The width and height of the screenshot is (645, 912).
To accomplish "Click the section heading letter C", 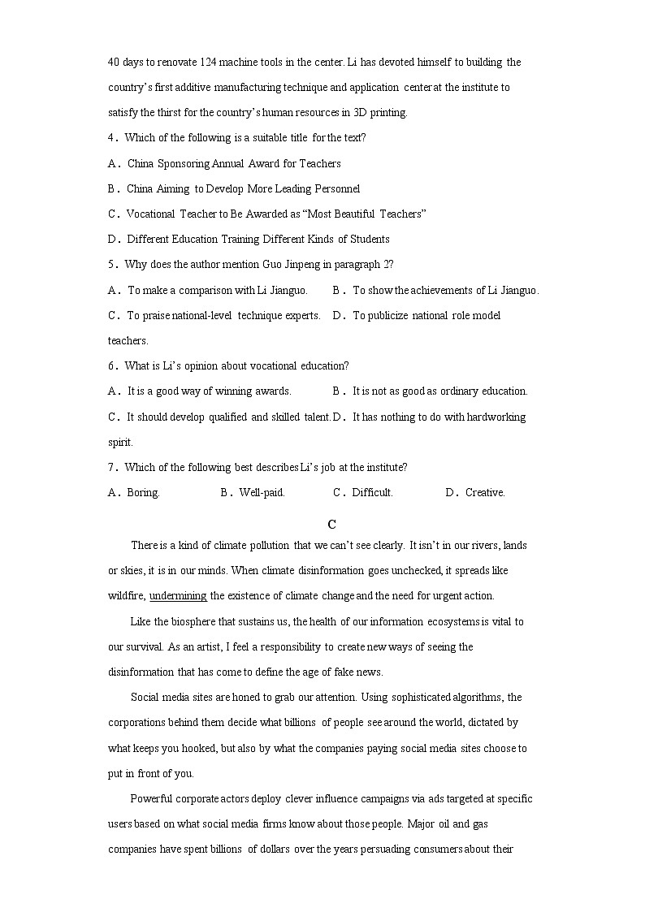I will (331, 525).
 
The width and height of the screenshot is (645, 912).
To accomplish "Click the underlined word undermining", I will (178, 595).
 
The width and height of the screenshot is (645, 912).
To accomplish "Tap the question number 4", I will (111, 138).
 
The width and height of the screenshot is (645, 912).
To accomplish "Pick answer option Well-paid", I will (262, 492).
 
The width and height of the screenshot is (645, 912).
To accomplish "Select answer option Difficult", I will (372, 492).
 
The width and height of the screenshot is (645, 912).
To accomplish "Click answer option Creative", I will (485, 492).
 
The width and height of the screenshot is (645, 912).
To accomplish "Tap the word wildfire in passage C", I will (126, 595).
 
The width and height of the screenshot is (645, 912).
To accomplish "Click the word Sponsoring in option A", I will (183, 163).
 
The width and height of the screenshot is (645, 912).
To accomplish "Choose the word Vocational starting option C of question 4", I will (151, 214).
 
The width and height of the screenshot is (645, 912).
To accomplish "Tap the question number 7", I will (111, 467).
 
